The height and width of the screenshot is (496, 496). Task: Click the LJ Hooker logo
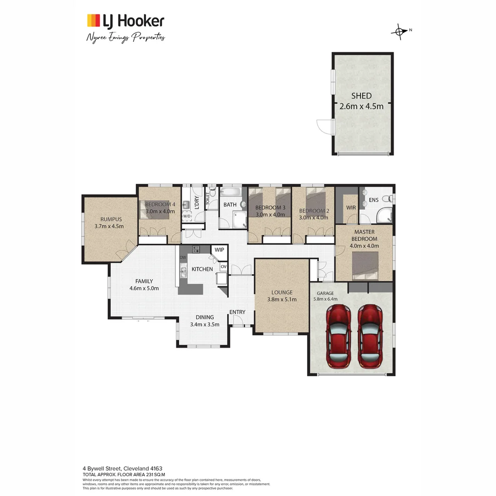pos(125,21)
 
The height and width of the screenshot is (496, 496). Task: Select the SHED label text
pos(361,96)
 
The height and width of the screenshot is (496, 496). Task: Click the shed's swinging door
pos(325,124)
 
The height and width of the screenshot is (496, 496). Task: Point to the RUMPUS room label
pos(109,219)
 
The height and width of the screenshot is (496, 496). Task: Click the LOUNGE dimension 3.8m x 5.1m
pos(282,299)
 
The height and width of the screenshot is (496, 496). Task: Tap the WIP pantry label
pos(219,250)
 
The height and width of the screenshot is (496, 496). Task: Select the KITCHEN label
pos(202,269)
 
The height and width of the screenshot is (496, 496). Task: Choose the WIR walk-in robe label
pos(351,208)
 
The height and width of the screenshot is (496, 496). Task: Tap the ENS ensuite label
pos(374,200)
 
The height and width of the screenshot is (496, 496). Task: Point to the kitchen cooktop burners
pos(196,250)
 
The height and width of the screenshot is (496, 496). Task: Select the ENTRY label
pos(237,312)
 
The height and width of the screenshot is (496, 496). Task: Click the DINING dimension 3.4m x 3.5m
pos(205,324)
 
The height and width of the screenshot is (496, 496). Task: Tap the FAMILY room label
pos(144,281)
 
